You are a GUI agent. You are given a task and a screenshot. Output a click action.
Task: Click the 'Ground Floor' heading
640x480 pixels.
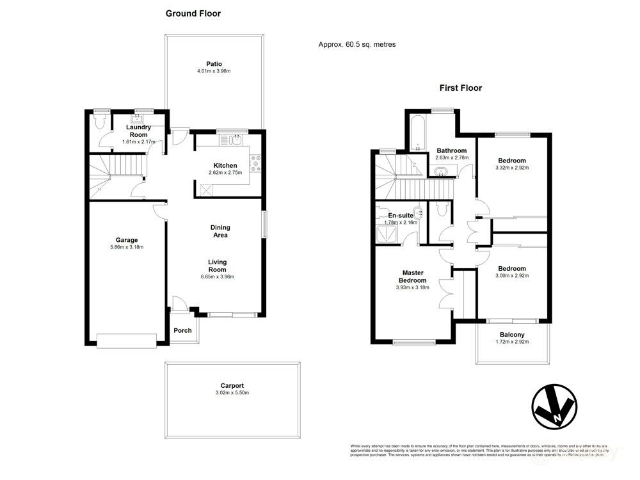(193, 13)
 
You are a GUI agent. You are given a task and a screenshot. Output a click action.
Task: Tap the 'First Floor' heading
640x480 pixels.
(460, 88)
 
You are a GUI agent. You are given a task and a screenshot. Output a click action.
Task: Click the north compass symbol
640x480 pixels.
(554, 406)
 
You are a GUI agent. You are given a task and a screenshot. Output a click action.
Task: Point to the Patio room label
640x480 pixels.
(214, 63)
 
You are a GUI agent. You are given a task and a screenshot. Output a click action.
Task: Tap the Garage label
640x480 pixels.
(127, 240)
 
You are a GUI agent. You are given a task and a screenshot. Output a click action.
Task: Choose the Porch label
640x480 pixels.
(183, 330)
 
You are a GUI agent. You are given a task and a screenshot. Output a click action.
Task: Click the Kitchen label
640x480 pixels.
(225, 165)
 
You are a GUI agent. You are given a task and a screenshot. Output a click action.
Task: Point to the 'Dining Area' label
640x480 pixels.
(220, 231)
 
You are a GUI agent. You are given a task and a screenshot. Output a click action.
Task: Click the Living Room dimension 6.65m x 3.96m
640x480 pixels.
(217, 277)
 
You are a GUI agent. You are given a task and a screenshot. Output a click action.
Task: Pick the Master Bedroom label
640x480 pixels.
(412, 276)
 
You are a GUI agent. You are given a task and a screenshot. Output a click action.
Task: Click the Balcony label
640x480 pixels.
(512, 335)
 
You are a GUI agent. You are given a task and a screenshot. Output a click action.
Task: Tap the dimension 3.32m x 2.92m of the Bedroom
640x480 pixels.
(513, 168)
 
